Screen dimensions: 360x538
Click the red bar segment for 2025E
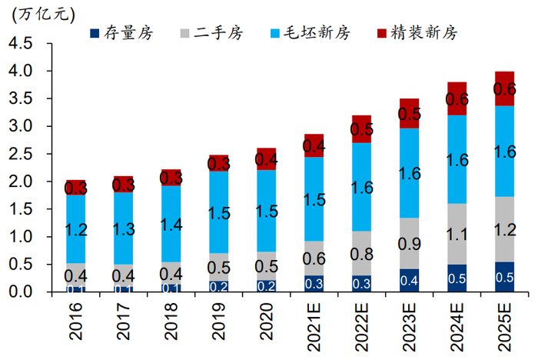(505, 88)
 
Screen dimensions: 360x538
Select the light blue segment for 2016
(75, 229)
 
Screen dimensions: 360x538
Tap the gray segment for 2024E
(457, 234)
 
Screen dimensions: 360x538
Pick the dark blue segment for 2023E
(410, 280)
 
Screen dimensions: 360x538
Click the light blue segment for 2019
(219, 212)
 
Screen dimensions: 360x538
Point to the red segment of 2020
(267, 159)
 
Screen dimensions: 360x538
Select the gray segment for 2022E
(362, 253)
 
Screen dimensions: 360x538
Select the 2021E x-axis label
(314, 322)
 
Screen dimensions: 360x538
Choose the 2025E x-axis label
(505, 322)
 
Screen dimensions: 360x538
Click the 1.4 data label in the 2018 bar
(171, 225)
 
